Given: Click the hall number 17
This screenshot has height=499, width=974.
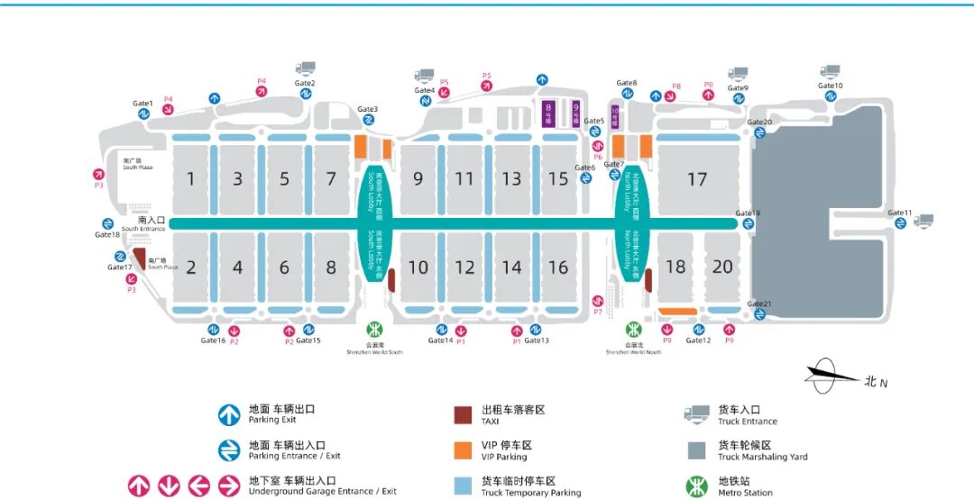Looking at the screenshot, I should [696, 179].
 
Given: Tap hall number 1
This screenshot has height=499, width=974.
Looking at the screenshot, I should [191, 179].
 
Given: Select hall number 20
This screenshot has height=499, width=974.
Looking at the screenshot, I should [722, 267].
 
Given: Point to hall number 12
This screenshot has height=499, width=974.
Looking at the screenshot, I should [464, 268].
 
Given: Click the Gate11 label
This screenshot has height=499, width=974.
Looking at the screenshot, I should [899, 213].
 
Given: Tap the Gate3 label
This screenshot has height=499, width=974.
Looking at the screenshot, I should [367, 110].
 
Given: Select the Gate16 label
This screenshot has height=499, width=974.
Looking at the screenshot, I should [213, 340].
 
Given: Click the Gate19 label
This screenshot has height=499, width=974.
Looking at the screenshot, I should [748, 213].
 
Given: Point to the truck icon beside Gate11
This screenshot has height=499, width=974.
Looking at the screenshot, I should [923, 221].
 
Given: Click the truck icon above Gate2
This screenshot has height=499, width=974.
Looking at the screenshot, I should [306, 68].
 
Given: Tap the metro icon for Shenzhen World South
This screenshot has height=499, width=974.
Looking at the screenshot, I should [374, 330].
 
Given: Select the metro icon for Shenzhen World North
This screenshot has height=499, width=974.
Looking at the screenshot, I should [633, 330].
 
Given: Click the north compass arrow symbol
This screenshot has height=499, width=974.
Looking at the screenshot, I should [832, 376].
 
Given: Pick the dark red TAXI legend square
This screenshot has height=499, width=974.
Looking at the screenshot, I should [463, 415].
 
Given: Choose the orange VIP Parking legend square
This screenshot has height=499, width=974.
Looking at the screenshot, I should [463, 450].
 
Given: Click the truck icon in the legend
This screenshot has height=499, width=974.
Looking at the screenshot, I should [696, 414].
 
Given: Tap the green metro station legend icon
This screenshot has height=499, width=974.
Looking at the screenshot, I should [696, 486].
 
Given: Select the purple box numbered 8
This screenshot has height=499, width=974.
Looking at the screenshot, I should [548, 113].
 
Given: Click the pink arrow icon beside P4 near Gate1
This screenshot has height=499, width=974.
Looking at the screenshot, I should [168, 110].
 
